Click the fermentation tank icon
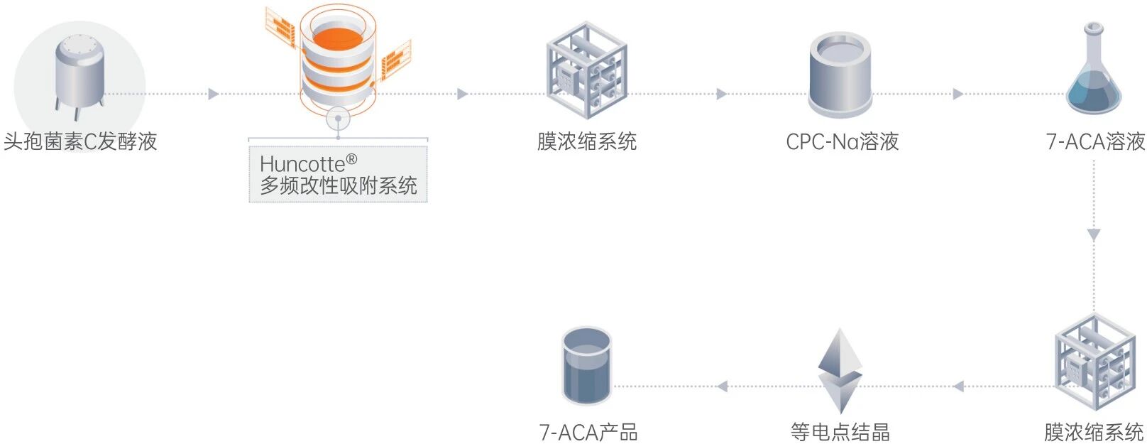point(79,74)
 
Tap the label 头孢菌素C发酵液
point(80,141)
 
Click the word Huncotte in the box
point(302,164)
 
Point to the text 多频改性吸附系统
point(338,186)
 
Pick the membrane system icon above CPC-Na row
point(586,70)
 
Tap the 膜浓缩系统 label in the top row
point(586,141)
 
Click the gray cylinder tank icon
point(840,75)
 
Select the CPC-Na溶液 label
point(842,141)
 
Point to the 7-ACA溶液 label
point(1095,141)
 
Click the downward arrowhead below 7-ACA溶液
point(1094,235)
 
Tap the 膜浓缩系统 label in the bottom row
point(1094,432)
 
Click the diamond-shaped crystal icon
point(840,370)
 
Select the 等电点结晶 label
point(840,432)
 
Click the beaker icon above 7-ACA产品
point(586,366)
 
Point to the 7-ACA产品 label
point(588,432)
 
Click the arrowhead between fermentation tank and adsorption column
point(213,94)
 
